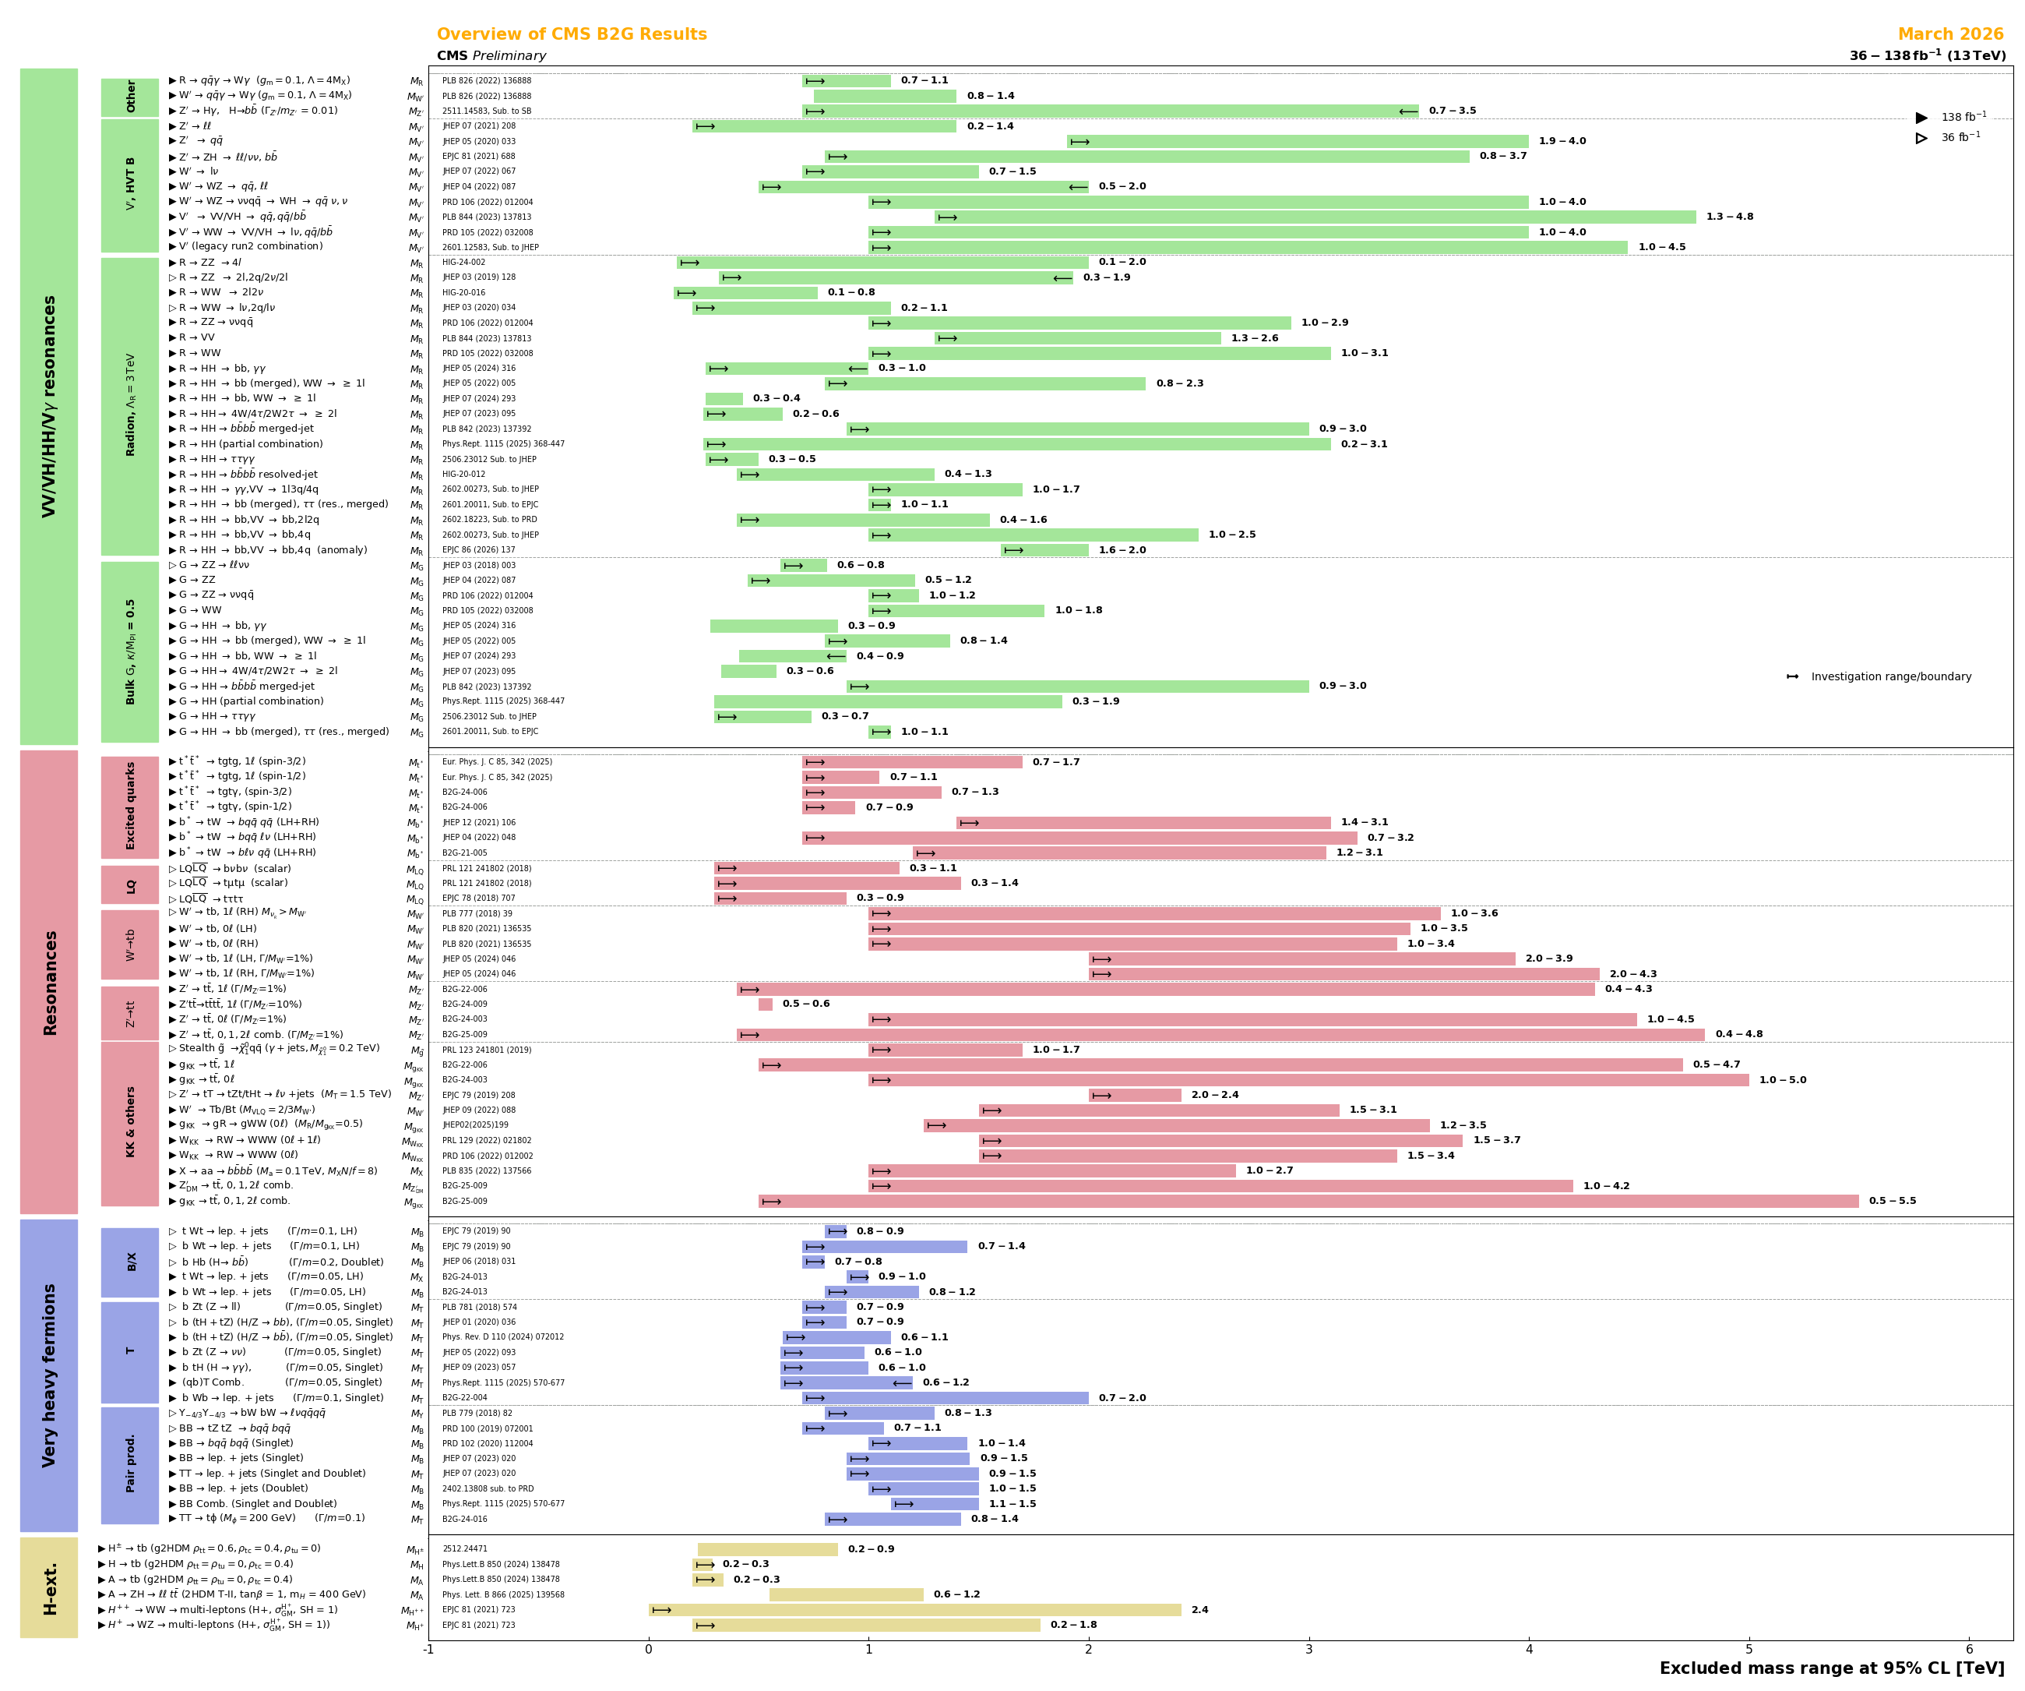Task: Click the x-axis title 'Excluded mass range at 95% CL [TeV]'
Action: pyautogui.click(x=1831, y=1669)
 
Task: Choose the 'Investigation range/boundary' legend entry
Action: pyautogui.click(x=1890, y=676)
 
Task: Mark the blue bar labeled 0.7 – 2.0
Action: pyautogui.click(x=945, y=1398)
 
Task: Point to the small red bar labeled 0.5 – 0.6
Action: pyautogui.click(x=766, y=1004)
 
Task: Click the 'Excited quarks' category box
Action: pyautogui.click(x=130, y=807)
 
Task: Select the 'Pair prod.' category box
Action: pyautogui.click(x=130, y=1464)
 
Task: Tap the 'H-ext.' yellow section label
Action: pyautogui.click(x=49, y=1588)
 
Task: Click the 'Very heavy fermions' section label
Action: pyautogui.click(x=49, y=1375)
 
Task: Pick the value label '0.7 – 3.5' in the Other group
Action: pyautogui.click(x=1453, y=111)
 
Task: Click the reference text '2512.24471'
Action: pyautogui.click(x=465, y=1549)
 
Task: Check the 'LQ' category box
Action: pyautogui.click(x=130, y=885)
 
